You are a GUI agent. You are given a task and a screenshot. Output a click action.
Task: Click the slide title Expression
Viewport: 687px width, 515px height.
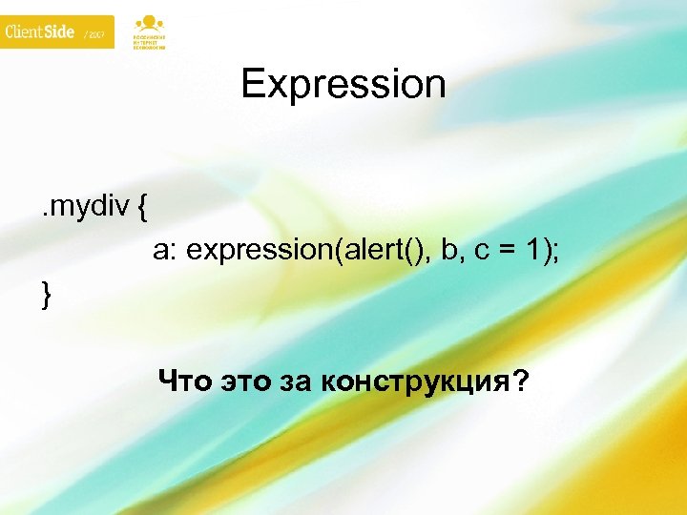[343, 84]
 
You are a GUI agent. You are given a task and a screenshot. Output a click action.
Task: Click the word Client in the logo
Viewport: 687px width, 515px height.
[25, 31]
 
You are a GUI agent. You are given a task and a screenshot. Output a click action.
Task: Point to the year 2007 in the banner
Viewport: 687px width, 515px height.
[97, 35]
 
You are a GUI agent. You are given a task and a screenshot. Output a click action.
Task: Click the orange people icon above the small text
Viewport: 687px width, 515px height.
[148, 23]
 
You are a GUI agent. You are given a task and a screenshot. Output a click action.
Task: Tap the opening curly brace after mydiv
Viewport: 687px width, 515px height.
[141, 206]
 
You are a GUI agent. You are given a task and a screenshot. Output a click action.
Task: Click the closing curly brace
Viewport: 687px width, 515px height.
[46, 296]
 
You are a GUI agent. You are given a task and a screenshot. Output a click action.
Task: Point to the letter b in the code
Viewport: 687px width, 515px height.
[449, 251]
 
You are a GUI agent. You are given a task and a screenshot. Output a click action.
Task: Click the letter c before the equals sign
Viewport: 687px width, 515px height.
[481, 251]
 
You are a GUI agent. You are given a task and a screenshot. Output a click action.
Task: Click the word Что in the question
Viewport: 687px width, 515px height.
[186, 382]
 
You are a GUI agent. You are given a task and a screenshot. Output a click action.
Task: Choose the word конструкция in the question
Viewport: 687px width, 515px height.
[416, 383]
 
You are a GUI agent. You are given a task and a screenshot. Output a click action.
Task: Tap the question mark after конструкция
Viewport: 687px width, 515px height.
[520, 382]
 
